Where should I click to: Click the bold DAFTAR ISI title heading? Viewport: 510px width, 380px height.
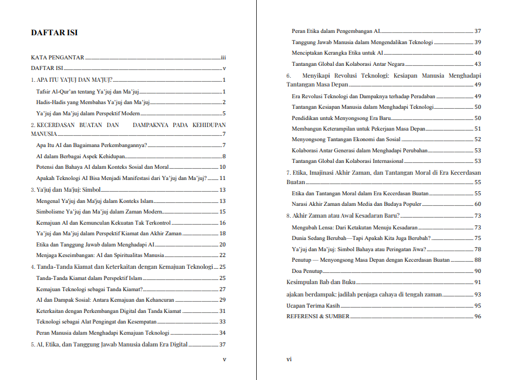click(54, 33)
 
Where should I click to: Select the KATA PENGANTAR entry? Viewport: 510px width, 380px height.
click(58, 58)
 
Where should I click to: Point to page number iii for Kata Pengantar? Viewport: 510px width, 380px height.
click(224, 58)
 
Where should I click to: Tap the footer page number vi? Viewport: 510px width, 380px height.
click(289, 359)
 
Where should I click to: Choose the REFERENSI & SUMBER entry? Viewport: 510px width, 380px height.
click(318, 316)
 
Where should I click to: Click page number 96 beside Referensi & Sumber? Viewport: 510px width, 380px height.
click(478, 316)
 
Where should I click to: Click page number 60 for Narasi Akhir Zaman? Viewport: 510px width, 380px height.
click(478, 204)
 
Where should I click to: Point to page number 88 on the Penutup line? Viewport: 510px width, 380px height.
click(478, 259)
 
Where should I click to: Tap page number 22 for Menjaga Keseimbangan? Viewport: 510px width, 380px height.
click(223, 255)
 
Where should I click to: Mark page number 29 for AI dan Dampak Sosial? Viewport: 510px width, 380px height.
click(223, 300)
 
